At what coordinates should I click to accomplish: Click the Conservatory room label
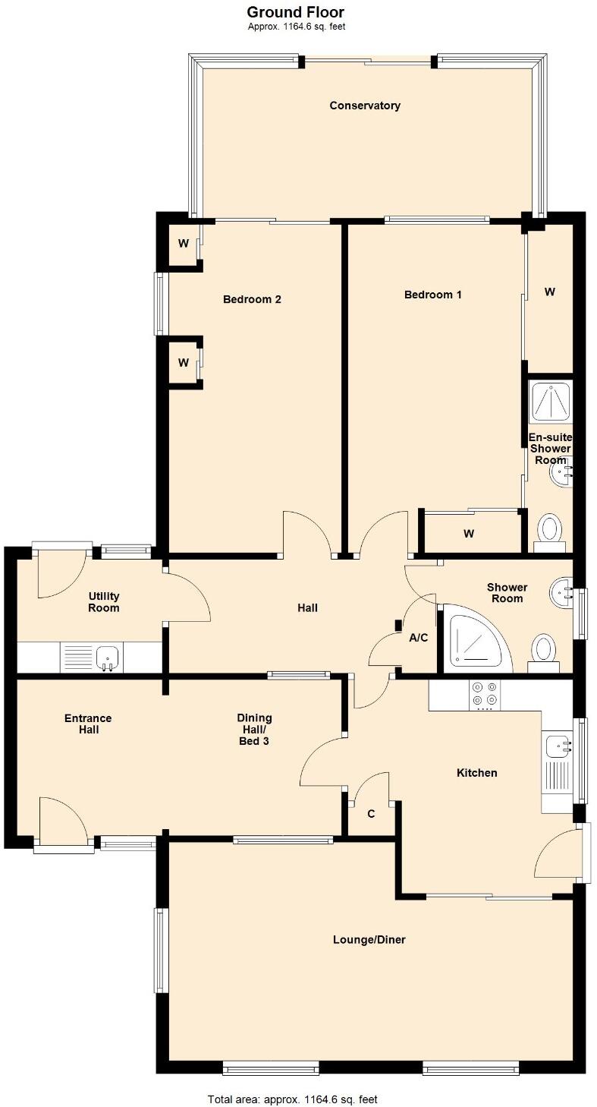tap(365, 106)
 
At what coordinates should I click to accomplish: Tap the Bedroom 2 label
tap(252, 299)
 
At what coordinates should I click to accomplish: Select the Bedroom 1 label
tap(432, 295)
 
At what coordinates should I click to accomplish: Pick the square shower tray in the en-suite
tap(551, 402)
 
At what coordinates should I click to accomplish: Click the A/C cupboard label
tap(419, 638)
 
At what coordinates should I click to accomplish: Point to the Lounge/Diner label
tap(369, 939)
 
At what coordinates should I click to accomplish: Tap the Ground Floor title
tap(296, 12)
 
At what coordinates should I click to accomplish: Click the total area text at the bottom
tap(293, 1099)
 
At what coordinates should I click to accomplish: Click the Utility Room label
tap(104, 602)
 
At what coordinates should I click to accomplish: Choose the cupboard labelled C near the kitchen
tap(371, 814)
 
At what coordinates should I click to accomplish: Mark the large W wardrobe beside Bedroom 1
tap(550, 292)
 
